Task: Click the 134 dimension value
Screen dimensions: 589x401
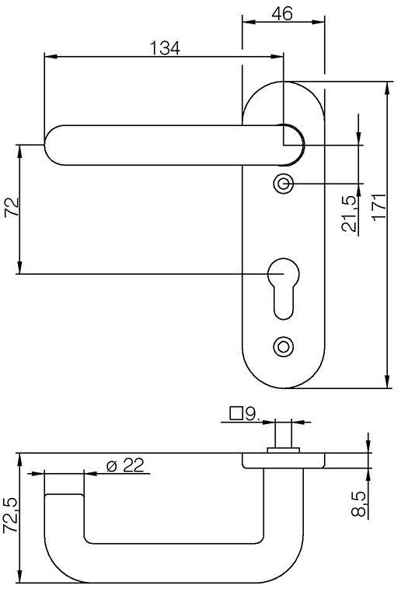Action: pos(164,48)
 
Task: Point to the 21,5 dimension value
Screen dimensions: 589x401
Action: pos(349,214)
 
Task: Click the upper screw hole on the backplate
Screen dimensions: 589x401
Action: pos(283,184)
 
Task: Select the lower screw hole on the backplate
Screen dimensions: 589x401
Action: pos(283,345)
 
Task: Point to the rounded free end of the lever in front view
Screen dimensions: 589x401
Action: pos(53,145)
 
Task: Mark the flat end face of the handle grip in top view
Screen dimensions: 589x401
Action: pos(64,494)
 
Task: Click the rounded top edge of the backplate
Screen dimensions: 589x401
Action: pos(283,82)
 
